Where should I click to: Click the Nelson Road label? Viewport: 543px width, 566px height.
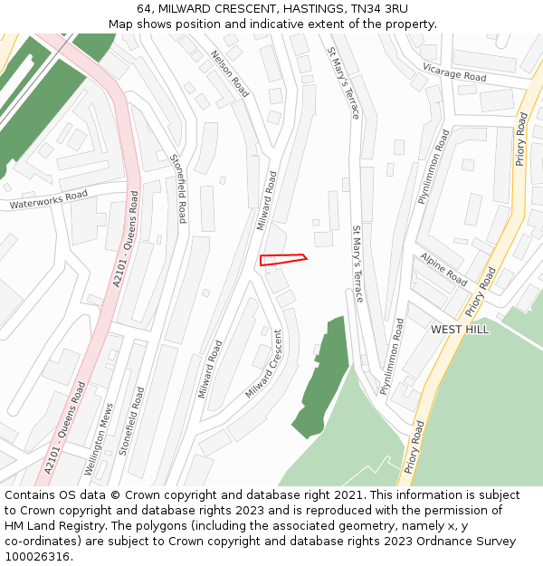point(230,73)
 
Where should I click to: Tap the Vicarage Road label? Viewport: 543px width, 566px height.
point(454,72)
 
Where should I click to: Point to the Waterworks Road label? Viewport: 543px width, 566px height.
point(49,200)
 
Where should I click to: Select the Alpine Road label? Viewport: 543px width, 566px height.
point(443,270)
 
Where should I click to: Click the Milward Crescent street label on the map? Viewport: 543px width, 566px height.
point(264,364)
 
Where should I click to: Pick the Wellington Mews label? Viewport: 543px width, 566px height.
point(100,440)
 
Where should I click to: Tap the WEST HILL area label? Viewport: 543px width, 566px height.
point(460,330)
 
